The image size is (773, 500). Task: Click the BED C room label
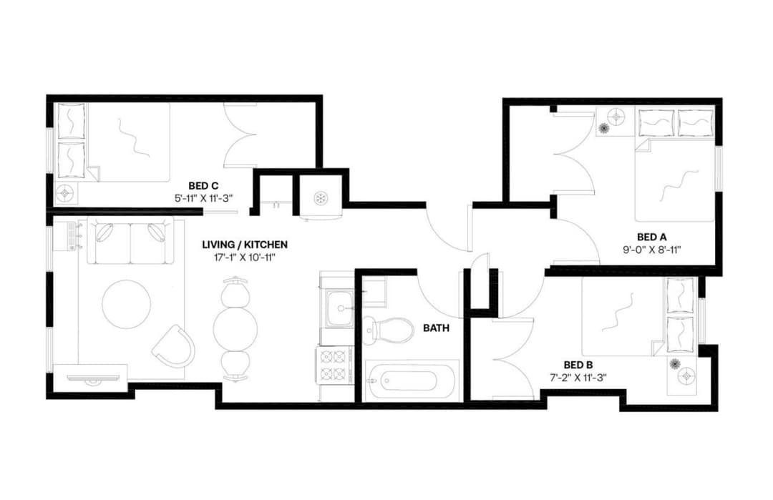203,185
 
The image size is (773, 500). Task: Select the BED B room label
578,363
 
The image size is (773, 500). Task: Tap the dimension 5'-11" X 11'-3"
203,197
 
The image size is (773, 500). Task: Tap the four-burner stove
334,365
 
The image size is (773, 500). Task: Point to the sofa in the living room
130,240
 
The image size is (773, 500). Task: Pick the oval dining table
235,328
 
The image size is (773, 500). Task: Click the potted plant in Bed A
604,128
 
